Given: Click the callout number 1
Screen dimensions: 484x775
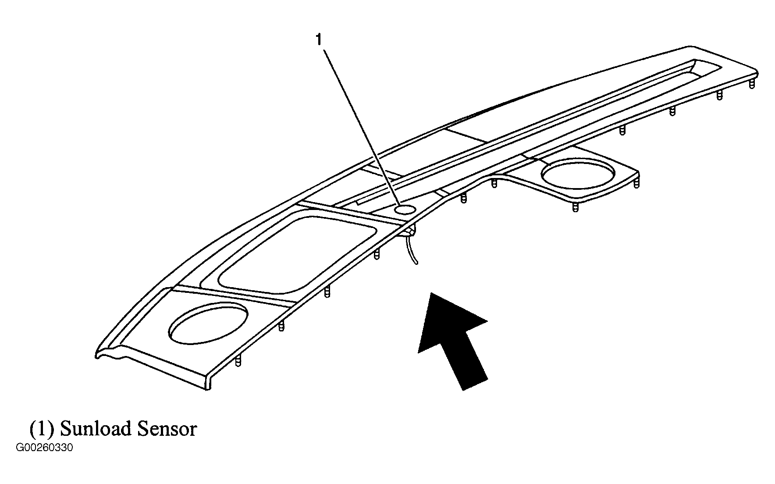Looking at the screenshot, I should pos(319,40).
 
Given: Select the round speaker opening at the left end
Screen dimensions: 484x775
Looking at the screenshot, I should pos(209,322).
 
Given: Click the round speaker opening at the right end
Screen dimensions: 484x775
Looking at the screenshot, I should pos(578,175).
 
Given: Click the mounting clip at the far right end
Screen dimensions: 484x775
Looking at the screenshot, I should pos(751,83).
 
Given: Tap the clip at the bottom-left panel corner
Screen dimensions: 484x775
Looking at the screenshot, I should pos(238,361).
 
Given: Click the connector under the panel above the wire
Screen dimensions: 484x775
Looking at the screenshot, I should pos(409,230).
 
